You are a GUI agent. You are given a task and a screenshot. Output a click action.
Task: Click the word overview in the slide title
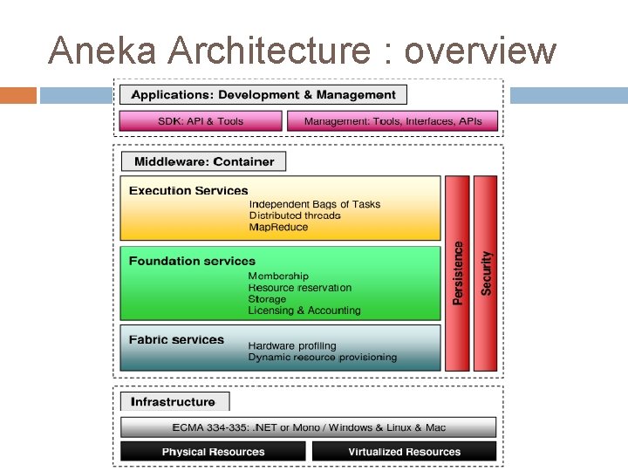pyautogui.click(x=481, y=51)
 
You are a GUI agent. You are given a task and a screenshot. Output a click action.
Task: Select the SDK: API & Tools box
pyautogui.click(x=201, y=121)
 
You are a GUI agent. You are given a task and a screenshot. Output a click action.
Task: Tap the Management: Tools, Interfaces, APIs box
pyautogui.click(x=392, y=121)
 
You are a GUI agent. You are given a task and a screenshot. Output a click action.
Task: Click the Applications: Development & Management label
pyautogui.click(x=263, y=94)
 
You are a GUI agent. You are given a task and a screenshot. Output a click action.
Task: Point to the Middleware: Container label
pyautogui.click(x=204, y=161)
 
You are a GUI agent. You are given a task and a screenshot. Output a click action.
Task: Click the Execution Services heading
pyautogui.click(x=188, y=191)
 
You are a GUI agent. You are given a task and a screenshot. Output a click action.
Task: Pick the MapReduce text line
pyautogui.click(x=278, y=227)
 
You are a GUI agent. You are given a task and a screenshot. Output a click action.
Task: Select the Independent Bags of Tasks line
pyautogui.click(x=314, y=204)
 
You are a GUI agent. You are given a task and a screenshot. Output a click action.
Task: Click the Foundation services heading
pyautogui.click(x=192, y=261)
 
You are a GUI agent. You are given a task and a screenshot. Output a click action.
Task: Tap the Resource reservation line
pyautogui.click(x=300, y=288)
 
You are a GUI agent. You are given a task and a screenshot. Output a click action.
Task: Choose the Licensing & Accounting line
pyautogui.click(x=304, y=311)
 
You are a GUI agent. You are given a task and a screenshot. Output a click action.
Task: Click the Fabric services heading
pyautogui.click(x=176, y=340)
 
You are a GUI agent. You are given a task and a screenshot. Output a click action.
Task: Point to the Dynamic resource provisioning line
pyautogui.click(x=322, y=357)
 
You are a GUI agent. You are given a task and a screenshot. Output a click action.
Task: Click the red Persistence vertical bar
pyautogui.click(x=458, y=273)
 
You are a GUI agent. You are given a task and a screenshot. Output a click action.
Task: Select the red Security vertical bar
pyautogui.click(x=486, y=273)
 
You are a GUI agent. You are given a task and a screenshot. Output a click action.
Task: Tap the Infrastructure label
pyautogui.click(x=173, y=402)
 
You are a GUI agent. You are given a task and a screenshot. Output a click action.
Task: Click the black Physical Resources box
pyautogui.click(x=213, y=452)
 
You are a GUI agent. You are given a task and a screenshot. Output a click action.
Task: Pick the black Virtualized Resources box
pyautogui.click(x=404, y=452)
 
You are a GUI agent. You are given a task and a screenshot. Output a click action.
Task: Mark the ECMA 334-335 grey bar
pyautogui.click(x=308, y=427)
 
